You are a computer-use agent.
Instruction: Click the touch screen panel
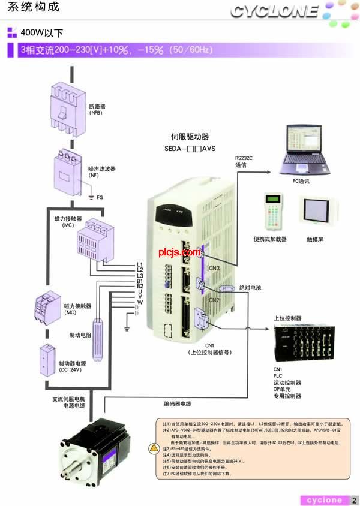tap(316, 213)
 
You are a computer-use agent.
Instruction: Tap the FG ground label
tap(100, 197)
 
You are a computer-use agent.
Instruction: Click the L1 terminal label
tap(139, 264)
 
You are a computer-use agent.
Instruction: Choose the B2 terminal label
tap(139, 286)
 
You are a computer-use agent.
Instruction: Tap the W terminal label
tap(139, 302)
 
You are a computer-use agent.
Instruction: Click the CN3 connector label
tap(214, 268)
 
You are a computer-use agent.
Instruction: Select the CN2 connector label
tap(214, 299)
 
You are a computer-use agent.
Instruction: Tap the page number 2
tap(354, 500)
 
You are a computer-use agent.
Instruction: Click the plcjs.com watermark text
tap(179, 253)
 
